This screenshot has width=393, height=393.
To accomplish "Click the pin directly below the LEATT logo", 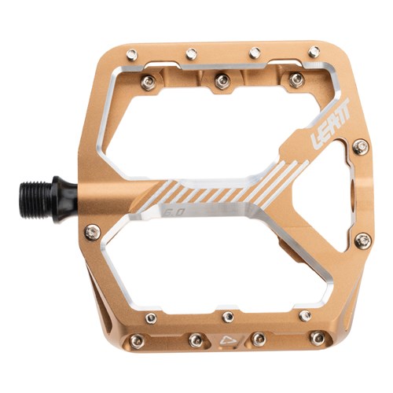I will [x=362, y=147].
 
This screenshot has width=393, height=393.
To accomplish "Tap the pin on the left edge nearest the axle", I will [x=92, y=232].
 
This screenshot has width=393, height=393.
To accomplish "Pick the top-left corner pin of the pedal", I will [x=132, y=53].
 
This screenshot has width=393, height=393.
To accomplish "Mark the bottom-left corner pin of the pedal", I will [x=136, y=340].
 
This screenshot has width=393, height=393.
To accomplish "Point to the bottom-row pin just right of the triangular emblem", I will [x=257, y=340].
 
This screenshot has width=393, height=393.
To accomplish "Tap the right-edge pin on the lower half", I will [x=363, y=241].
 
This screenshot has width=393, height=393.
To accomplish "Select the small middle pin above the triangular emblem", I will [x=228, y=316].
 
